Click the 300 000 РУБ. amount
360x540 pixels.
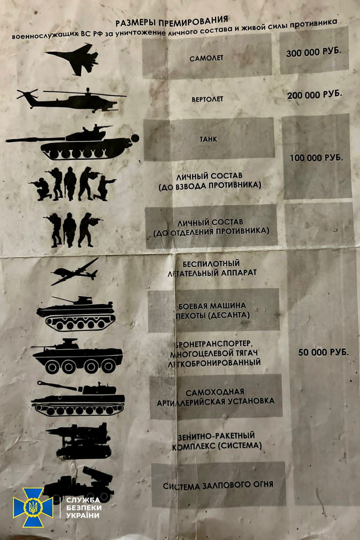pos(314,52)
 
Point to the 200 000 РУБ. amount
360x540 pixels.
pos(314,95)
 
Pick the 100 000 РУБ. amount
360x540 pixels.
pos(316,158)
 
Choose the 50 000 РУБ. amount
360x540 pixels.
pos(323,352)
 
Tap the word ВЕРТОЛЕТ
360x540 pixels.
pos(207,99)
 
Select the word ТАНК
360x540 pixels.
pos(208,139)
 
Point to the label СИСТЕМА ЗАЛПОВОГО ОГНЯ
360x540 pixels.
pos(218,485)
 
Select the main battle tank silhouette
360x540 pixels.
pos(72,142)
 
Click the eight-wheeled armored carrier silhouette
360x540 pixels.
pos(77,356)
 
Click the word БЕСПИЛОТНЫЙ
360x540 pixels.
pos(211,264)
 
